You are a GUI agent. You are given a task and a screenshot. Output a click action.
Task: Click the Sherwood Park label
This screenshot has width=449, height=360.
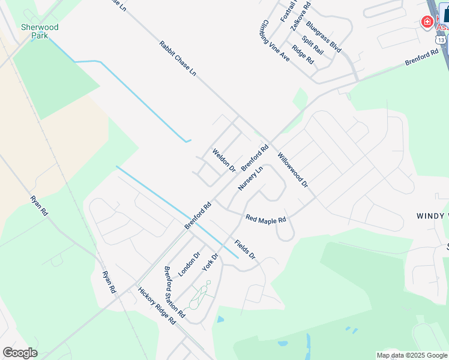(40, 31)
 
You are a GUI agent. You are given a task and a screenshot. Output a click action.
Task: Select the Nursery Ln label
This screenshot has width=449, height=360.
(250, 179)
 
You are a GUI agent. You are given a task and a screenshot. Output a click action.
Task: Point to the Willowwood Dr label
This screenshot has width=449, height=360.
(292, 170)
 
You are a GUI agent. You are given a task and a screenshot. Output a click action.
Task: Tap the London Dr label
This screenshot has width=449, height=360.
(188, 263)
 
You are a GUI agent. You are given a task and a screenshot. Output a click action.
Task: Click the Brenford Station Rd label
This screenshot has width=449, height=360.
(174, 292)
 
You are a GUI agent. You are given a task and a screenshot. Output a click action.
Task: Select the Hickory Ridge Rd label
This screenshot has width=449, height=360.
(156, 306)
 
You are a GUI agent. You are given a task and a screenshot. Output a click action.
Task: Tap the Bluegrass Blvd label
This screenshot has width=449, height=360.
(324, 37)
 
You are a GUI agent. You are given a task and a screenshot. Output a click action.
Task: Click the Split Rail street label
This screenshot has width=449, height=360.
(313, 46)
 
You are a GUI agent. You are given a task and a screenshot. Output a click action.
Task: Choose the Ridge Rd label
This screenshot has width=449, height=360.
(303, 55)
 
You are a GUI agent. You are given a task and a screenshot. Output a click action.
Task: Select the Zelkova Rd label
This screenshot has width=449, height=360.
(300, 18)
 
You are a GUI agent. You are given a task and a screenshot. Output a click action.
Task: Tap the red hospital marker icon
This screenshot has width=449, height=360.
(427, 22)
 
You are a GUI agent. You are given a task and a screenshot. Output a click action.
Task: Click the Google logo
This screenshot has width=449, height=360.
(20, 353)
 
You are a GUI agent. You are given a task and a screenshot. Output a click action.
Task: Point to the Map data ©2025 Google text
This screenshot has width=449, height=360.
(412, 355)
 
